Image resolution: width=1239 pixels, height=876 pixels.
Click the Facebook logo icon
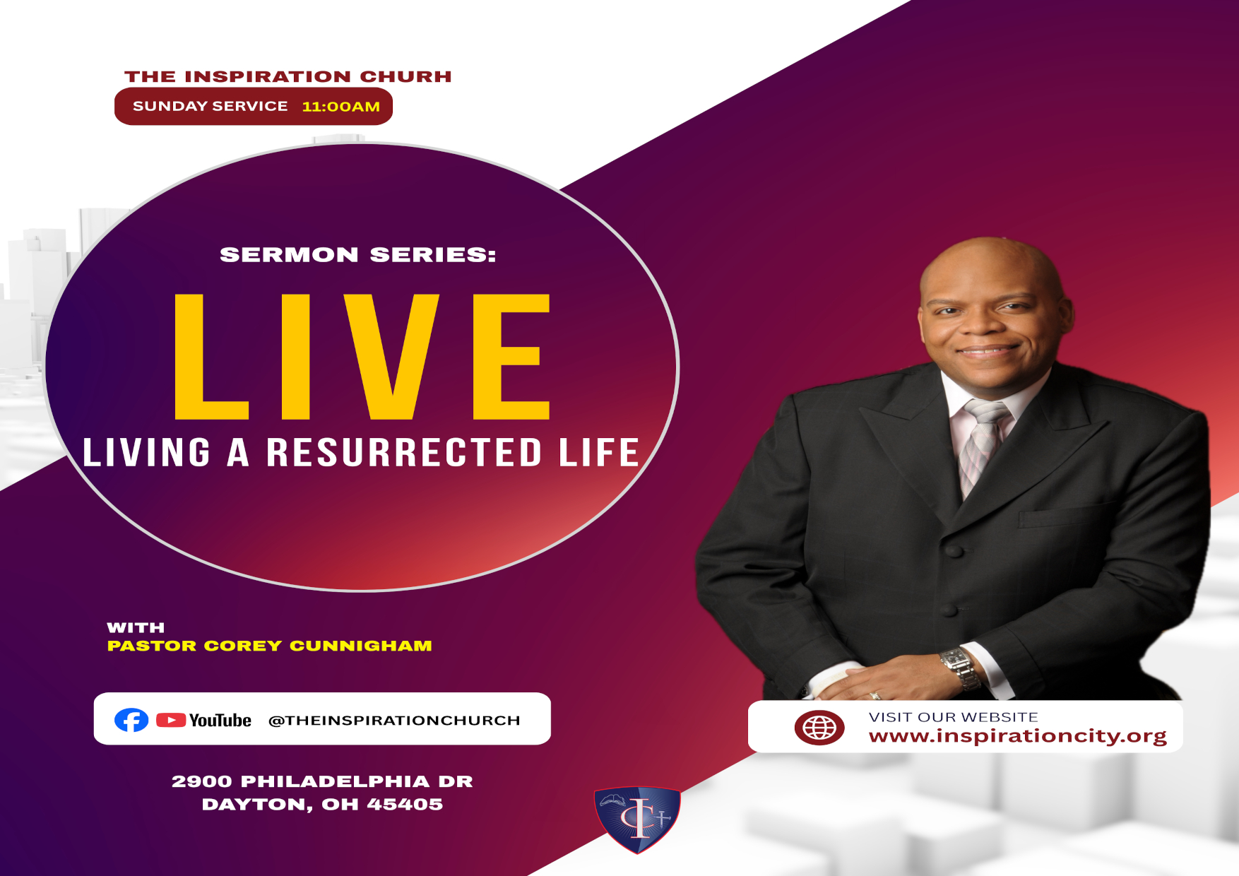(131, 720)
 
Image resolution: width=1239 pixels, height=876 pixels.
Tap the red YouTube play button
(171, 720)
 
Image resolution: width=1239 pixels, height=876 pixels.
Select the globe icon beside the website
(819, 728)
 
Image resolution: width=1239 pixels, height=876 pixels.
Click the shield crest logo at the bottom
(637, 819)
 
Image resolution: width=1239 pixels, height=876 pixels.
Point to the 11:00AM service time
(341, 107)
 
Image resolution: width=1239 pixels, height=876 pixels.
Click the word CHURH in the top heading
(405, 76)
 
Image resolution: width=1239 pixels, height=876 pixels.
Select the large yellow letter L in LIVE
(211, 356)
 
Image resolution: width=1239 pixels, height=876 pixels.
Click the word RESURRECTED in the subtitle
(404, 452)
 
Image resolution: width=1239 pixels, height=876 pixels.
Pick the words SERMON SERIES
(358, 255)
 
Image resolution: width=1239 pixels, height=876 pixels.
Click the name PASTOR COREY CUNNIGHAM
(269, 646)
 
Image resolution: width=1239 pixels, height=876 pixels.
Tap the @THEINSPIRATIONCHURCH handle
(394, 721)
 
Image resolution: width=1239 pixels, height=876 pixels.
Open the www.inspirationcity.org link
(1018, 736)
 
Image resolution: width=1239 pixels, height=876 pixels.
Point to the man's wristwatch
(960, 667)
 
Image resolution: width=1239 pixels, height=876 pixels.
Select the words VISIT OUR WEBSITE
(954, 717)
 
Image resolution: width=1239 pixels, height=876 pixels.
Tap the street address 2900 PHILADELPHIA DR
(322, 781)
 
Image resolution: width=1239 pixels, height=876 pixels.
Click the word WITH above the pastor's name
(136, 627)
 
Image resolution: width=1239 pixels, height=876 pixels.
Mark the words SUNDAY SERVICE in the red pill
(211, 106)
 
